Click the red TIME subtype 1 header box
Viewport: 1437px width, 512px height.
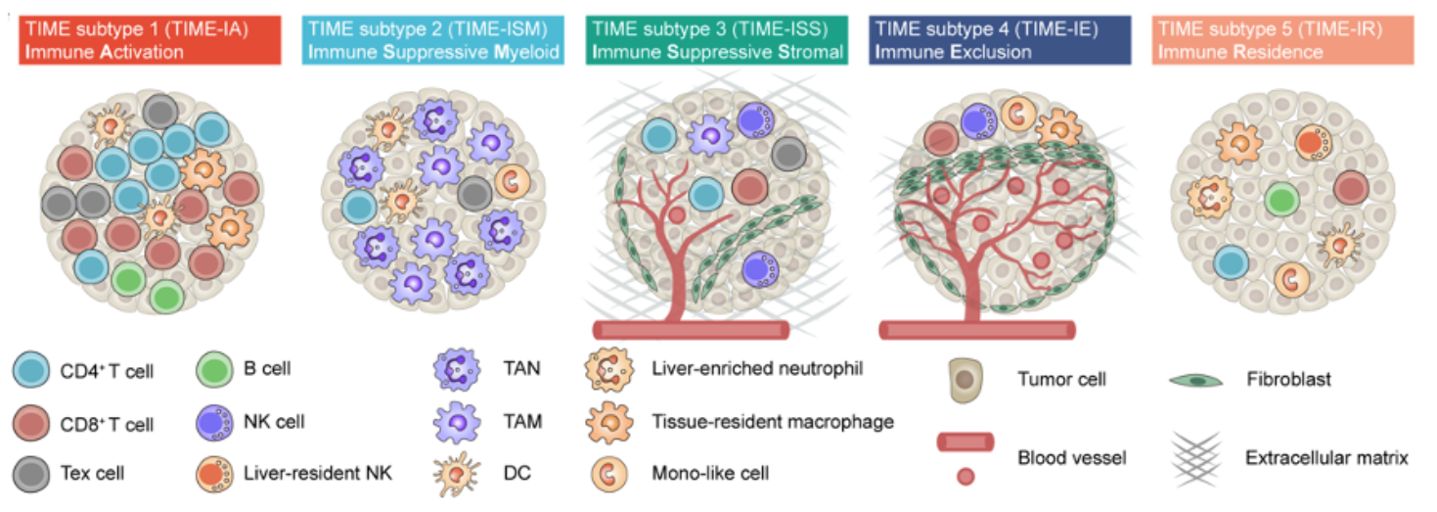point(150,41)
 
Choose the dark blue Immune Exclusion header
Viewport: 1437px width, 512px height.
point(1000,41)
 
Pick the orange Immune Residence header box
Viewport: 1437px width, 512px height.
point(1282,41)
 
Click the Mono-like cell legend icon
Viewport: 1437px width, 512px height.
point(610,473)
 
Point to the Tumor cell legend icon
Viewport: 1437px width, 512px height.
point(965,379)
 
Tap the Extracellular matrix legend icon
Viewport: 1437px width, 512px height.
point(1196,456)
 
